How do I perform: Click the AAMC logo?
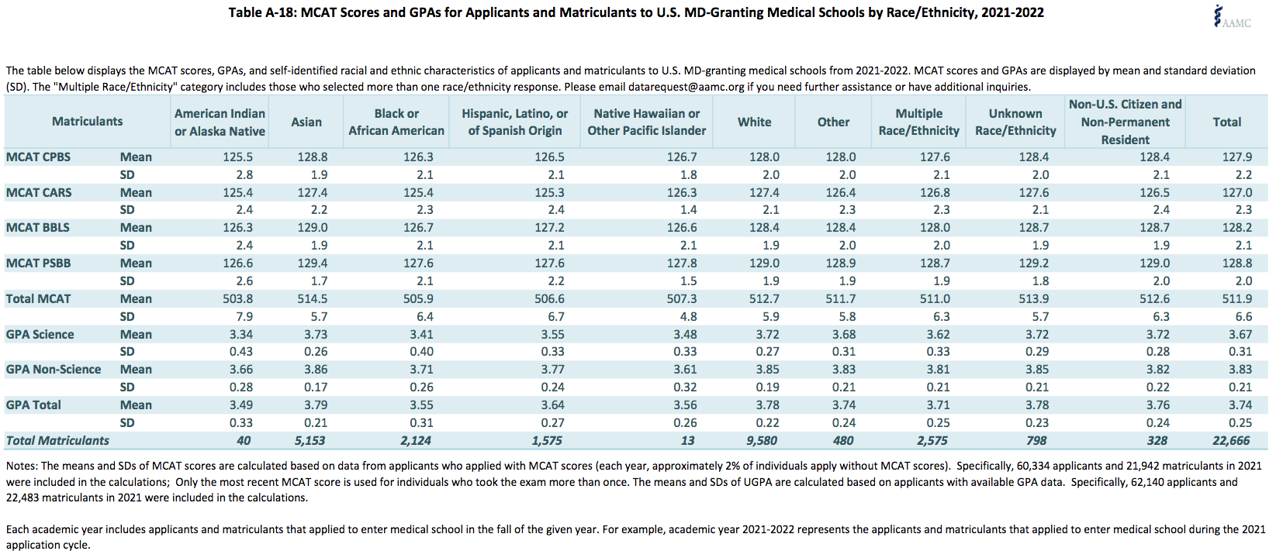point(1232,17)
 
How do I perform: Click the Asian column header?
point(306,122)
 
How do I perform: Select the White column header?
point(754,122)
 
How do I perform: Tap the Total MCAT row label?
point(38,298)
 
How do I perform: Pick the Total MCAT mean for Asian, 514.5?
point(312,298)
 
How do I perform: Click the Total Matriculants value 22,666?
point(1231,441)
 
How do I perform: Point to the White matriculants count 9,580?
point(760,441)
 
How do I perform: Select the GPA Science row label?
point(40,334)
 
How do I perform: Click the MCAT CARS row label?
point(39,192)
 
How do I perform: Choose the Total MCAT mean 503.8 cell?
point(237,298)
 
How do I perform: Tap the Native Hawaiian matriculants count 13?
point(688,441)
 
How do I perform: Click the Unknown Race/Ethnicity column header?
point(1015,122)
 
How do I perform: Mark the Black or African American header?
point(396,122)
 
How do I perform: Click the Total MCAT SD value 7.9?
point(244,316)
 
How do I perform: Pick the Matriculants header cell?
point(87,122)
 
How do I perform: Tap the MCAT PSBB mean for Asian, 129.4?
point(312,263)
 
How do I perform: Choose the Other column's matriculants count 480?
point(842,441)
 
